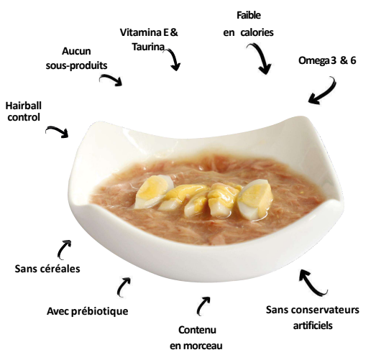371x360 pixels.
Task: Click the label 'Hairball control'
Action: click(x=24, y=111)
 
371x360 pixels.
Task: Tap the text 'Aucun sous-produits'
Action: click(x=76, y=58)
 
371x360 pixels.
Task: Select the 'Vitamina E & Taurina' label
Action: click(x=149, y=40)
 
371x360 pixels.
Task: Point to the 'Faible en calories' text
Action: click(x=248, y=24)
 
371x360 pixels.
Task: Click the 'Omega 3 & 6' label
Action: click(x=327, y=60)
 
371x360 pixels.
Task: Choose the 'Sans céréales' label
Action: click(x=47, y=269)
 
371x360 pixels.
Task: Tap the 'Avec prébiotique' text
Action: click(x=88, y=311)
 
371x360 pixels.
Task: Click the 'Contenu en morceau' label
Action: click(x=196, y=338)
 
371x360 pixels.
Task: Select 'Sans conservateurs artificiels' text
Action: click(x=313, y=318)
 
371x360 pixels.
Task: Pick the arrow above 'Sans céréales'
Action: click(x=62, y=249)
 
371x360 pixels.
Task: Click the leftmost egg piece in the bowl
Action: click(x=153, y=191)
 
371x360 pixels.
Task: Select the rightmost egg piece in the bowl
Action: click(x=255, y=199)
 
